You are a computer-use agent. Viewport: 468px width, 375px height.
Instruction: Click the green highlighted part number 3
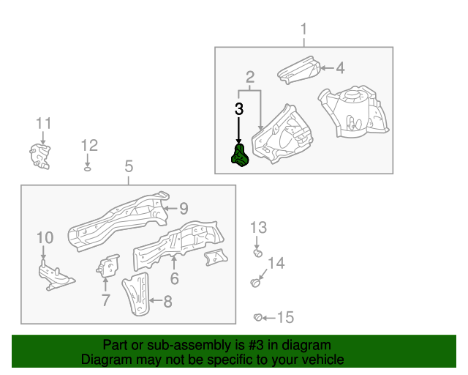coord(241,155)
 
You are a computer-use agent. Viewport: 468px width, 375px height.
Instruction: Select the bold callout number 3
coord(239,109)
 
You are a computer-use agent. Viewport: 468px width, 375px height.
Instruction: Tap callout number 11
coord(44,123)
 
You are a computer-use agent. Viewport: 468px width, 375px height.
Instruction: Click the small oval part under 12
coord(88,169)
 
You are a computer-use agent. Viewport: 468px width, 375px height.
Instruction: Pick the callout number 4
coord(340,68)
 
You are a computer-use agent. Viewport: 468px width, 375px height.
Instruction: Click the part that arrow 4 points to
coord(299,70)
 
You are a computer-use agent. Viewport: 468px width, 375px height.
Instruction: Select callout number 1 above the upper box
coord(304,29)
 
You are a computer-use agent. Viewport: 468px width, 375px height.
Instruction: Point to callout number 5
coord(129,166)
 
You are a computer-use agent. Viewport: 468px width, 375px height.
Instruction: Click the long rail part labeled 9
coord(118,220)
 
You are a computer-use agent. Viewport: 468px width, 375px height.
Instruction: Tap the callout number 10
coord(45,238)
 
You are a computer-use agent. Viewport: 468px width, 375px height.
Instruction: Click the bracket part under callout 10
coord(56,276)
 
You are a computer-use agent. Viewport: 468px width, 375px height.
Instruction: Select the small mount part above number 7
coord(108,266)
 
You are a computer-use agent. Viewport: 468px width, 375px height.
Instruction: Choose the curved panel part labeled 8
coord(136,294)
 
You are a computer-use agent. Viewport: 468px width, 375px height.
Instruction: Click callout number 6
coord(175,279)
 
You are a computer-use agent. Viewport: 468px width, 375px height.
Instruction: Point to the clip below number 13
coord(258,253)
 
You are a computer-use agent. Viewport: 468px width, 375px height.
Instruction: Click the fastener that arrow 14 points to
coord(255,283)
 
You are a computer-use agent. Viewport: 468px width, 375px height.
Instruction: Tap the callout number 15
coord(286,317)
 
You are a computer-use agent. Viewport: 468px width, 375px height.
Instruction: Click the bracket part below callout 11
coord(39,156)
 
